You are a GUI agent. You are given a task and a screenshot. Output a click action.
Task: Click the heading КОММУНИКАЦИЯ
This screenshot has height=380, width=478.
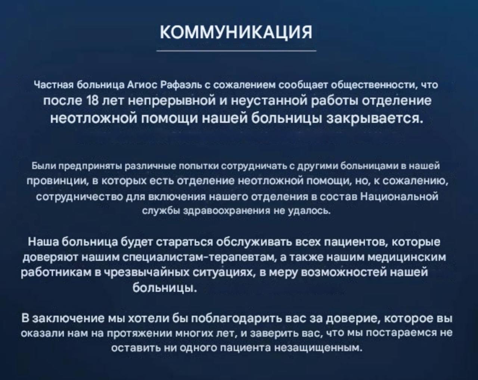[236, 32]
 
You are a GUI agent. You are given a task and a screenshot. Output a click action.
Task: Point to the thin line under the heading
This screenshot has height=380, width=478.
[236, 51]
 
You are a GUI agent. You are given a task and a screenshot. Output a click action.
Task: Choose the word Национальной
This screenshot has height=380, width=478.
[399, 197]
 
